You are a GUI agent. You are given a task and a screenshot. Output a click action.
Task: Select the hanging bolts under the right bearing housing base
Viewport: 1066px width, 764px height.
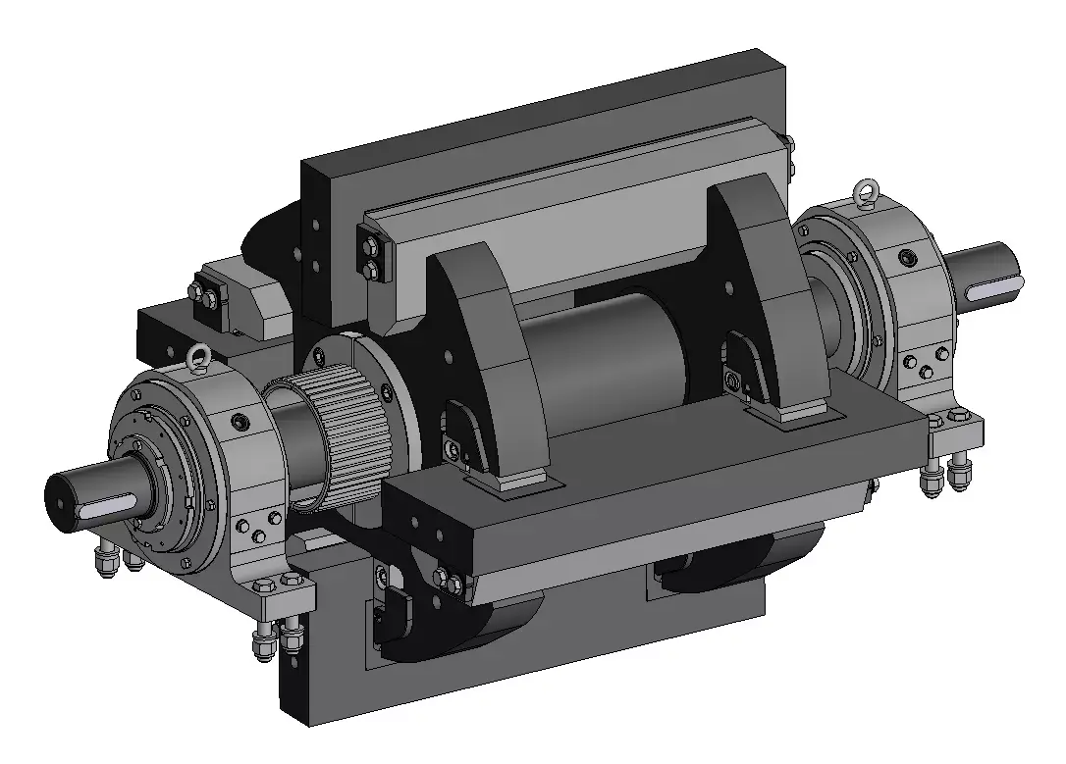pyautogui.click(x=947, y=476)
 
